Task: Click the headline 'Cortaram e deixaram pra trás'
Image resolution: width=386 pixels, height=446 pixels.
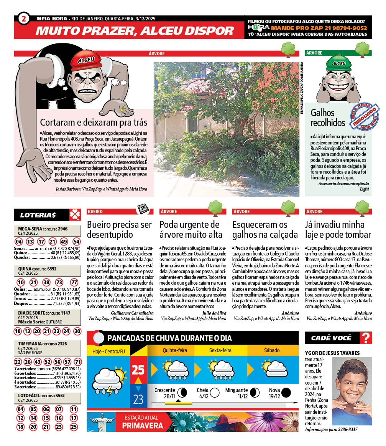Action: pyautogui.click(x=94, y=123)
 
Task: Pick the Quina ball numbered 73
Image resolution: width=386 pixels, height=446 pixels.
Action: pyautogui.click(x=59, y=282)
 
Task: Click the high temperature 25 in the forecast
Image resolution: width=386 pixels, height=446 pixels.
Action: pyautogui.click(x=138, y=370)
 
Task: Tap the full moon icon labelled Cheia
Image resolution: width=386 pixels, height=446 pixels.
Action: pyautogui.click(x=215, y=393)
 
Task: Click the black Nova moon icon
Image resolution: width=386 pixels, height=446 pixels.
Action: pyautogui.click(x=286, y=393)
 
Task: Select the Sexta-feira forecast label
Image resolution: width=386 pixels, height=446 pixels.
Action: pyautogui.click(x=220, y=350)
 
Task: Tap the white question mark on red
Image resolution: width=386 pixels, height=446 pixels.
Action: pyautogui.click(x=366, y=338)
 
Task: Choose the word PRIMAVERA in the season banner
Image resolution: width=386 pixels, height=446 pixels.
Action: pyautogui.click(x=142, y=426)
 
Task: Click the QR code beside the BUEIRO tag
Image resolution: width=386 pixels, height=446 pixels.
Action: pyautogui.click(x=143, y=209)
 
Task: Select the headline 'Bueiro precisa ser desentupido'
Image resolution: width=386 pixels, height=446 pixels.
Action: pyautogui.click(x=119, y=229)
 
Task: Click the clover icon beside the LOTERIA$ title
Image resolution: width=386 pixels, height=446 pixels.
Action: pyautogui.click(x=75, y=214)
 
